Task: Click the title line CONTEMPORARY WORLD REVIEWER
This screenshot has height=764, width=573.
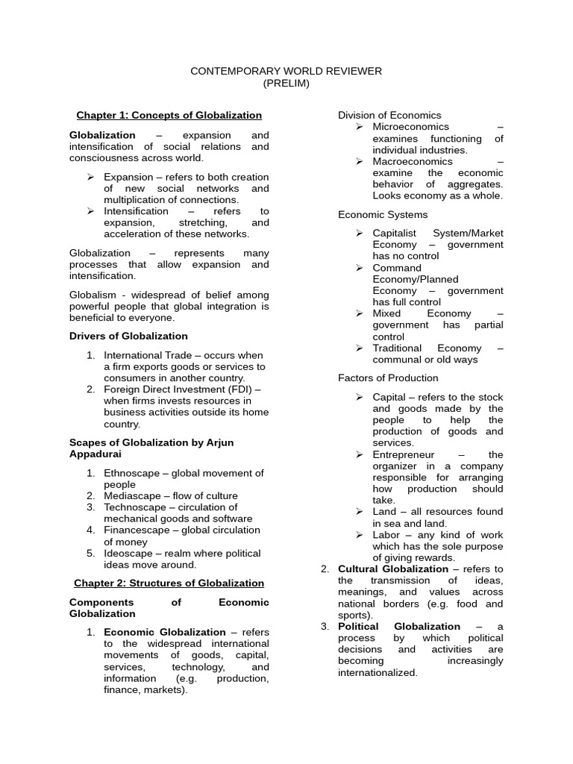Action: tap(286, 71)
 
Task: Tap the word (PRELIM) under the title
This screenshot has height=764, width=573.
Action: tap(286, 83)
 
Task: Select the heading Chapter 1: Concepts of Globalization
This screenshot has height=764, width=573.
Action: tap(169, 115)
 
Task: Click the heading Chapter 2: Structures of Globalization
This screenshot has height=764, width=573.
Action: tap(169, 583)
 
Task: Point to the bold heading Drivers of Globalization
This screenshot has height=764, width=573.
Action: tap(128, 336)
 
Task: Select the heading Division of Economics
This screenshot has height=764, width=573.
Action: tap(389, 115)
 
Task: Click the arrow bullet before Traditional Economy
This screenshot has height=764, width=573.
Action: tap(359, 348)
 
